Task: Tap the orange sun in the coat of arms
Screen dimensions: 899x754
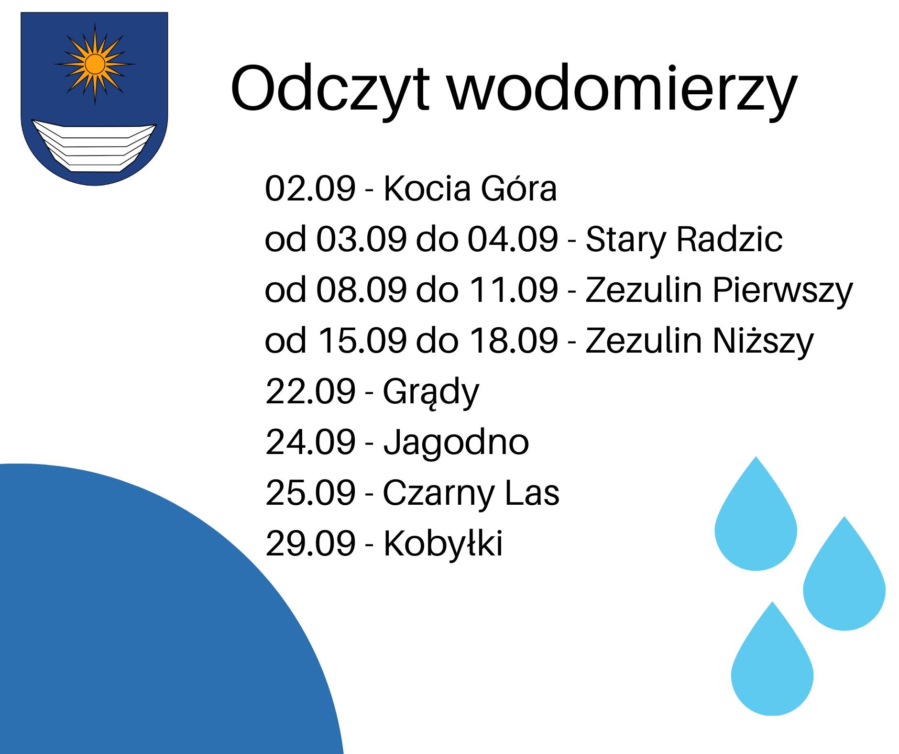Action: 95,64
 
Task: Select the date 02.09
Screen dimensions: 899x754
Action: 310,188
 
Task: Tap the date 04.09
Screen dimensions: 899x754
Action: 513,239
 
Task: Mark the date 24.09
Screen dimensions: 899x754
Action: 310,442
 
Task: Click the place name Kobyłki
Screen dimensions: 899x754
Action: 443,543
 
